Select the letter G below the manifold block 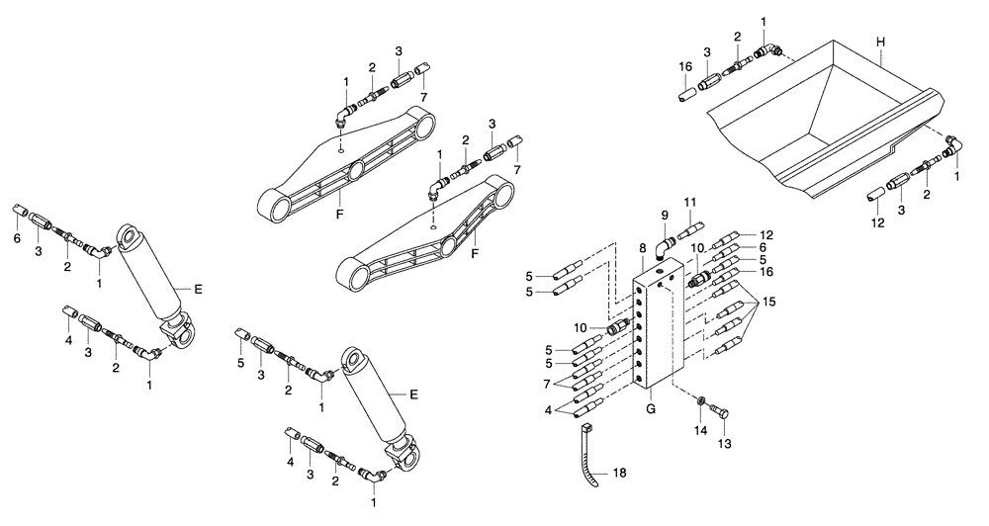[652, 406]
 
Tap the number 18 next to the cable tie [620, 475]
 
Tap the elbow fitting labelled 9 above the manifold [669, 241]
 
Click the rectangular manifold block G [654, 326]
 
